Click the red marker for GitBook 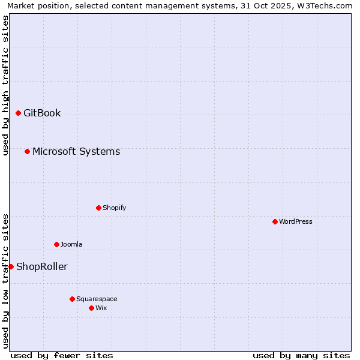pos(18,113)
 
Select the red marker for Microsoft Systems pos(27,151)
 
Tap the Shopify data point pos(98,208)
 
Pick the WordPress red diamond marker pos(275,221)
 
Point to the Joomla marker pos(56,244)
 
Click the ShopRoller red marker pos(11,266)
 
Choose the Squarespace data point pos(72,299)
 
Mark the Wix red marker pos(91,308)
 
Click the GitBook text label pos(42,113)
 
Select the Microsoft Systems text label pos(76,151)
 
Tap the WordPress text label pos(296,221)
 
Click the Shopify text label pos(114,208)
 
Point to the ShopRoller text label pos(42,266)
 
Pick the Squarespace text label pos(97,299)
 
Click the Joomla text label pos(71,244)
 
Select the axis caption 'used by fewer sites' pos(62,355)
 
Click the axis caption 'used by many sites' pos(301,355)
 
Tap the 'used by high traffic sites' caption pos(5,85)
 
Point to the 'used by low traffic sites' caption pos(5,280)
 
